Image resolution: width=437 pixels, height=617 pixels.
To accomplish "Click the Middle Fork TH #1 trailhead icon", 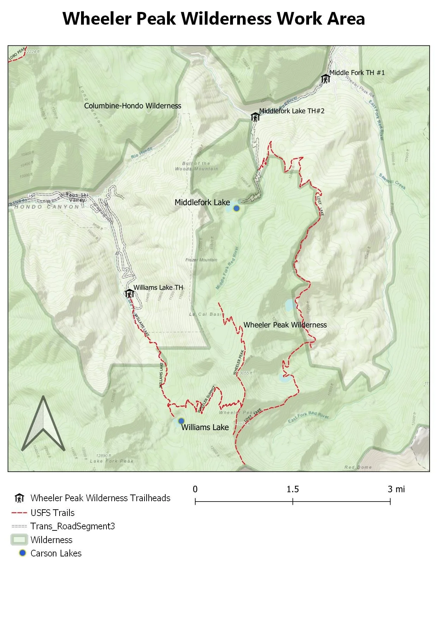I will tap(325, 78).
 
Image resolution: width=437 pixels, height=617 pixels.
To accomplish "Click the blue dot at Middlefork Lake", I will tap(236, 208).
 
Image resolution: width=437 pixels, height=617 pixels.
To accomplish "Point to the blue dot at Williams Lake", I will tap(181, 421).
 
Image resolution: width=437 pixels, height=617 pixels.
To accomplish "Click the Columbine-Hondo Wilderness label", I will tap(133, 106).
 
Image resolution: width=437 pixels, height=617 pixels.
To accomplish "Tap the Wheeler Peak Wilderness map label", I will tap(285, 325).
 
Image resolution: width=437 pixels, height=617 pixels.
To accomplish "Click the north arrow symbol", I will tap(43, 424).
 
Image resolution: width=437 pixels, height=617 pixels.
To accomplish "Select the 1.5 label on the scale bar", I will tap(293, 489).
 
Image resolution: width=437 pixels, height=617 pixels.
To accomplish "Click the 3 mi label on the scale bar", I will tap(396, 489).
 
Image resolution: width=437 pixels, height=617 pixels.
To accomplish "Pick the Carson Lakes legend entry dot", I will tap(23, 553).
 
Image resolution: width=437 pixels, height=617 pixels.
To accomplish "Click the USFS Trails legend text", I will tap(53, 513).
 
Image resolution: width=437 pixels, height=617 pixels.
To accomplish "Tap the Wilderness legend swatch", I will tap(19, 540).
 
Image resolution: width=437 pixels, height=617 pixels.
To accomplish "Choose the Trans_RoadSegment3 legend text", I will tap(73, 526).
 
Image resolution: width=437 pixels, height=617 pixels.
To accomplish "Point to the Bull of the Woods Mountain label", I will tap(197, 166).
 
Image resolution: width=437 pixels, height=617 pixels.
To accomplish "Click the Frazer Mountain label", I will tap(201, 260).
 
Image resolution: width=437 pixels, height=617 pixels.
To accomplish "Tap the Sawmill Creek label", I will tap(392, 181).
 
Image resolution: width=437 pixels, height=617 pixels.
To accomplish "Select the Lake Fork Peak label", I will tap(112, 461).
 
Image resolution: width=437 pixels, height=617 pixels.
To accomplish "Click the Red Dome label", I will tap(358, 467).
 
